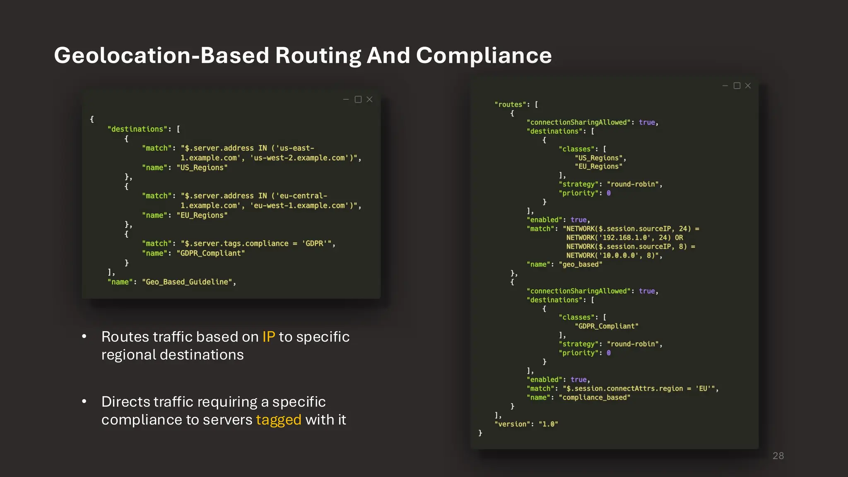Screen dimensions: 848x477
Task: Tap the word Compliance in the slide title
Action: point(484,55)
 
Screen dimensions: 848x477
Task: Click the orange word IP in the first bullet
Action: point(268,337)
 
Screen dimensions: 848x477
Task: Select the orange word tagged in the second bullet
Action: point(279,420)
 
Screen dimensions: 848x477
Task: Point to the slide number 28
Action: point(778,456)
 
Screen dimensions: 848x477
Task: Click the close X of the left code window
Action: point(370,99)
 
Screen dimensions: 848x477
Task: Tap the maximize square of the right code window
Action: point(737,86)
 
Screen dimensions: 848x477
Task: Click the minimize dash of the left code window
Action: point(346,99)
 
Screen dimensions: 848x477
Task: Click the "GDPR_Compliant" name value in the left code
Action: point(211,253)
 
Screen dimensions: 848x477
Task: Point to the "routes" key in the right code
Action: point(510,105)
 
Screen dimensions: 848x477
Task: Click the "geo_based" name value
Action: point(581,264)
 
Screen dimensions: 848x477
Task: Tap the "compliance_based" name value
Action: point(595,397)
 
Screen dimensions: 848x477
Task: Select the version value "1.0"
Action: point(548,424)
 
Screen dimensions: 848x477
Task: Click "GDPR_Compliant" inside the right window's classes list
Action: point(607,326)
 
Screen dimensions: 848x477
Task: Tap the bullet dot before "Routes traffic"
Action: point(84,337)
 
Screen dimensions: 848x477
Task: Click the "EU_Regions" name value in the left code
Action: point(202,215)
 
